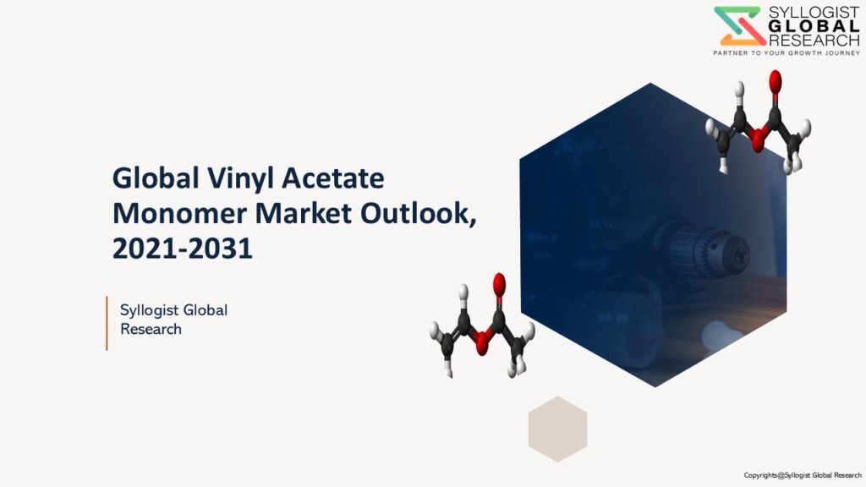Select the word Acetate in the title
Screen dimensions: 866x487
(x=332, y=178)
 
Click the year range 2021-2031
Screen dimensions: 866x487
(x=183, y=249)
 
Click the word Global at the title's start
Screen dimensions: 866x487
(x=156, y=178)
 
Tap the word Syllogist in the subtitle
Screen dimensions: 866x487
(x=149, y=311)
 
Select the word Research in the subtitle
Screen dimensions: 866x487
(x=151, y=329)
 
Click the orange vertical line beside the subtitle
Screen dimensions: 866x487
(x=107, y=323)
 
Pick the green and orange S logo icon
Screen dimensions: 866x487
(x=740, y=26)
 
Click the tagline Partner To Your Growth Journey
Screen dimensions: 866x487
(x=787, y=53)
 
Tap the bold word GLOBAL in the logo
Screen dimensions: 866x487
(x=814, y=26)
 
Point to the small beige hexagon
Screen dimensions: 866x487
(x=557, y=429)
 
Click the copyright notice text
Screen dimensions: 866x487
(x=803, y=475)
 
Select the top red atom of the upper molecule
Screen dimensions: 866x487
(x=775, y=80)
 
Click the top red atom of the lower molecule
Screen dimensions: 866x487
(x=499, y=284)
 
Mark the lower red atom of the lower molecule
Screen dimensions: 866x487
(x=482, y=343)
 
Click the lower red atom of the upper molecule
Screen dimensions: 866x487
(x=758, y=140)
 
